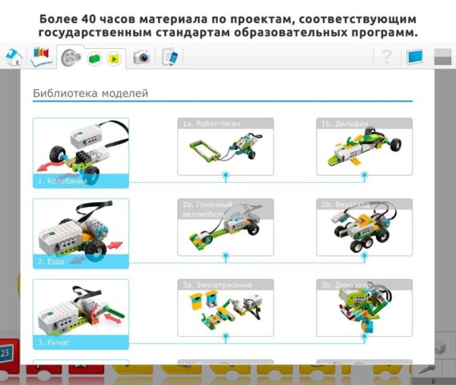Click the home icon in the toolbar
pyautogui.click(x=13, y=57)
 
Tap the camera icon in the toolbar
pyautogui.click(x=142, y=57)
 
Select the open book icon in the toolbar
pyautogui.click(x=40, y=56)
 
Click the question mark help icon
pyautogui.click(x=387, y=56)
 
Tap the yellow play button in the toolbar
pyautogui.click(x=113, y=58)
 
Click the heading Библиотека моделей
pyautogui.click(x=91, y=94)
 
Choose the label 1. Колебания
pyautogui.click(x=63, y=181)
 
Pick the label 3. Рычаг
pyautogui.click(x=53, y=342)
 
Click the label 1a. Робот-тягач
pyautogui.click(x=212, y=124)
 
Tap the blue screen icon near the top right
pyautogui.click(x=414, y=57)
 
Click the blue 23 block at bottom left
pyautogui.click(x=6, y=352)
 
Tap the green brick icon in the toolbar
pyautogui.click(x=95, y=58)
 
